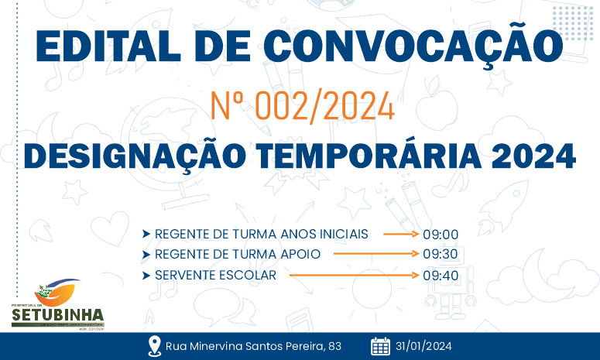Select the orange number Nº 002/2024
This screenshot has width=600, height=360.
(x=303, y=106)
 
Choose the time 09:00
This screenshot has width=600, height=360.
(x=441, y=234)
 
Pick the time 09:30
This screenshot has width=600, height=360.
(x=441, y=254)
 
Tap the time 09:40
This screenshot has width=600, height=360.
(x=441, y=275)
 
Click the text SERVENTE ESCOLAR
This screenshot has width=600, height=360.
(x=215, y=275)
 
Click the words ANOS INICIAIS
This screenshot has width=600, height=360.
(x=335, y=234)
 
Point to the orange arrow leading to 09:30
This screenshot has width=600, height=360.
(x=378, y=254)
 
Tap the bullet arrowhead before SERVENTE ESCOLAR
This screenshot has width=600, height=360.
(x=146, y=275)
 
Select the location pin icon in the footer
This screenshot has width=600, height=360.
(x=153, y=346)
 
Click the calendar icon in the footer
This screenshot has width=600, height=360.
(x=380, y=346)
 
